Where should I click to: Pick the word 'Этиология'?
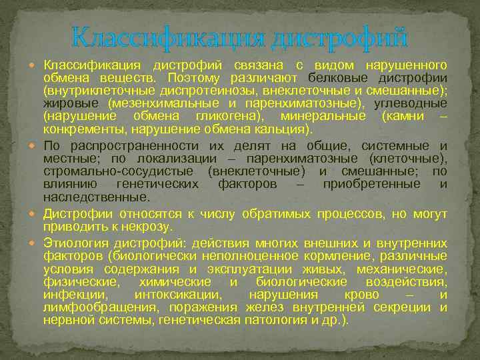72,243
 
